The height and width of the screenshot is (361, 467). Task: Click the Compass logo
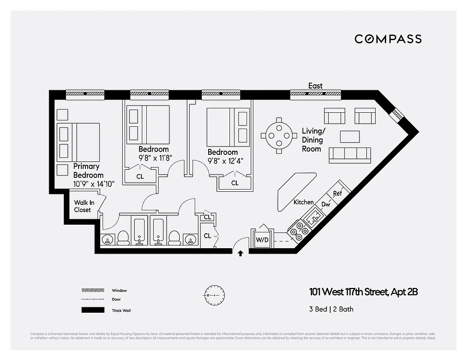388,39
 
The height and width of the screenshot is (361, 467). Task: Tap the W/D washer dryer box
262,240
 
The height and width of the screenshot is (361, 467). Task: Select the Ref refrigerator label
337,194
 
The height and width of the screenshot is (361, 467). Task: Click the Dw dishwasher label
326,204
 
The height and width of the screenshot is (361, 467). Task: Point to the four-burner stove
298,231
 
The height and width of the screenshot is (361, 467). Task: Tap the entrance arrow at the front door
240,254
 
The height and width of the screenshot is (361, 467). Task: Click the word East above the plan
315,86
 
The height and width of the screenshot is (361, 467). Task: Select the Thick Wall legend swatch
93,310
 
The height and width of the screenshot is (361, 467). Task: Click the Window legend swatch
93,290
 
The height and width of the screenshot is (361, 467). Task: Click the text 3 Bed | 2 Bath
332,309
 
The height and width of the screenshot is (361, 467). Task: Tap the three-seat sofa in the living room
350,155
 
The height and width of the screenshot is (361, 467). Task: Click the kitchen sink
313,219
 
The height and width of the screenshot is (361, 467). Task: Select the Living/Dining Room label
313,140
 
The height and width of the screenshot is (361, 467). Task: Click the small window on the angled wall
397,114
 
